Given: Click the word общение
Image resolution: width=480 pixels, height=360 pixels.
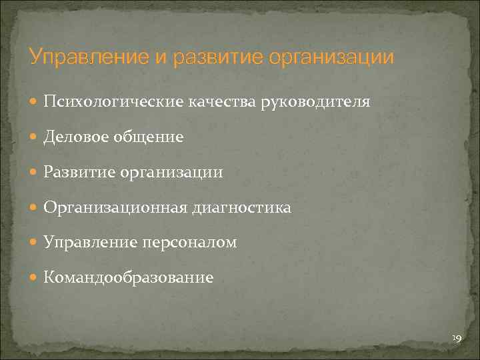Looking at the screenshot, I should (x=147, y=137).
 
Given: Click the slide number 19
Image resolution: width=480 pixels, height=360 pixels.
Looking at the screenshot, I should (x=457, y=339).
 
